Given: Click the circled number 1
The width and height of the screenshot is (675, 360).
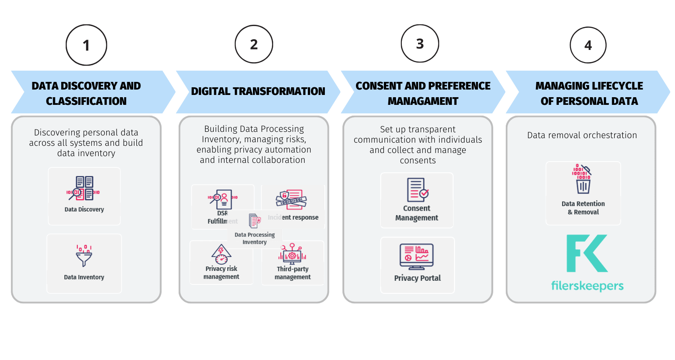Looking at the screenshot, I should click(x=86, y=45).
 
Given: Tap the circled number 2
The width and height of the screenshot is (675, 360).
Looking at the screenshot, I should click(x=254, y=44).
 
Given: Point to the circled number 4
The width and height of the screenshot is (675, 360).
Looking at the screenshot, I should click(x=588, y=45).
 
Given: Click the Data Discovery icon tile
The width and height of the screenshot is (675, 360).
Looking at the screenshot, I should click(x=84, y=196).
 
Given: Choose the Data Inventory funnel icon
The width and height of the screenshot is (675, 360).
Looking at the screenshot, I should click(x=84, y=256).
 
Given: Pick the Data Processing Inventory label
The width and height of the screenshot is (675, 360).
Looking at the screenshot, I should click(x=255, y=238).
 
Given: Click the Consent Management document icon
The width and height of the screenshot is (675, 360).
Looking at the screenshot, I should click(x=417, y=189).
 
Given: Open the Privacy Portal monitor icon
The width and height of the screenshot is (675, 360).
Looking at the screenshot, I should click(x=417, y=256).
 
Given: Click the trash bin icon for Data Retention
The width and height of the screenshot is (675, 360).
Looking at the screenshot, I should click(x=583, y=182).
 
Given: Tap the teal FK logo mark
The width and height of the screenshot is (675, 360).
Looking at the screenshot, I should click(x=587, y=253).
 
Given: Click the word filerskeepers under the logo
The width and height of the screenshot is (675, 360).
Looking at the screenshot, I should click(x=587, y=286).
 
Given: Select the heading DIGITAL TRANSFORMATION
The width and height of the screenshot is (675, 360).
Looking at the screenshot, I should click(x=258, y=91).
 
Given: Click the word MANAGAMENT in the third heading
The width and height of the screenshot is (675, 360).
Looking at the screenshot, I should click(x=423, y=101).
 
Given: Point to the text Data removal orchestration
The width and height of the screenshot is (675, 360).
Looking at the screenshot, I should click(x=582, y=135).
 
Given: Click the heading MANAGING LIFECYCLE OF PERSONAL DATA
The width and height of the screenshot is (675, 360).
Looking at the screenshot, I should click(x=589, y=93).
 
